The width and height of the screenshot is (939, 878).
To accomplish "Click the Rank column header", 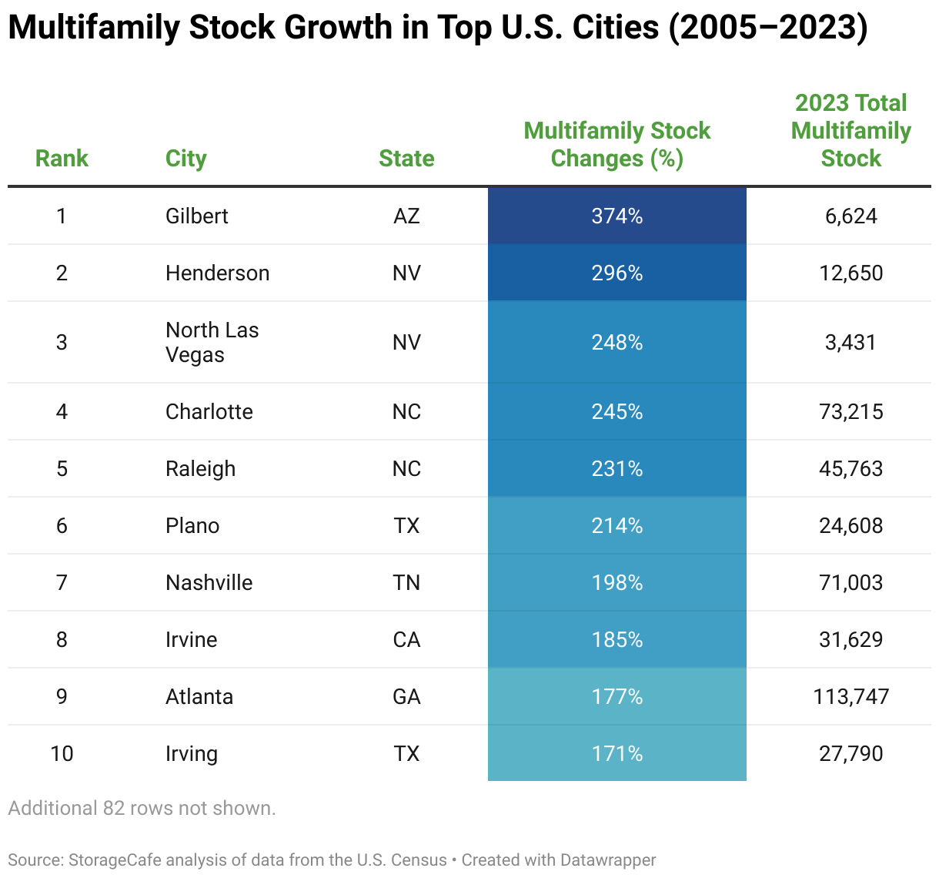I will click(x=62, y=158).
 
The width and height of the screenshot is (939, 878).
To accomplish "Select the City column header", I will click(x=185, y=158).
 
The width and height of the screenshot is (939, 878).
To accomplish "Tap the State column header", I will click(x=406, y=158).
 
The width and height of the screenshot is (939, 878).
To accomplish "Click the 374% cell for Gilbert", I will click(x=617, y=216).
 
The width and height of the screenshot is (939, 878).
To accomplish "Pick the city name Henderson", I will click(x=217, y=273).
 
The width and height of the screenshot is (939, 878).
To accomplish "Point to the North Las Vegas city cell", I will click(x=212, y=342).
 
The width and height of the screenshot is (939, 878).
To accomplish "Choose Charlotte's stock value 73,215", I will click(x=850, y=411).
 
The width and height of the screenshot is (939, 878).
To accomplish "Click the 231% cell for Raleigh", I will click(x=617, y=468).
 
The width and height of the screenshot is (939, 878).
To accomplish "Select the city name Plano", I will click(x=192, y=525).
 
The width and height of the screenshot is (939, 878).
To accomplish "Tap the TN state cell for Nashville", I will click(x=406, y=582).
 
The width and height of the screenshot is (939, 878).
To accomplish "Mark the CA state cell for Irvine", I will click(x=406, y=639).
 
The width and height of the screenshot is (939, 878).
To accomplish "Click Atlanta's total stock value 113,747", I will click(x=850, y=696).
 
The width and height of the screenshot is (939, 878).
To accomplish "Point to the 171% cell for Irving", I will click(x=617, y=753).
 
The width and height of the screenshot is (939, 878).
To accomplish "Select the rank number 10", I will click(x=62, y=753).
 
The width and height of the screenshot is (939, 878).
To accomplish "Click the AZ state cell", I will click(x=406, y=216).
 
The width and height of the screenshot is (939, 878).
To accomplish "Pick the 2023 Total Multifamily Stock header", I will click(x=850, y=130).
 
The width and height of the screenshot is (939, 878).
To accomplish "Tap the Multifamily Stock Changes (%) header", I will click(x=617, y=144).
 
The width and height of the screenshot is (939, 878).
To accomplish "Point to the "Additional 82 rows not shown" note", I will click(x=142, y=808).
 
